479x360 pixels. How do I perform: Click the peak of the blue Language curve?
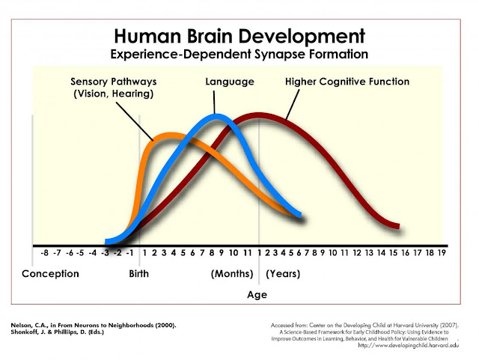pos(216,115)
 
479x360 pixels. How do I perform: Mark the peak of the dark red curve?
pos(259,115)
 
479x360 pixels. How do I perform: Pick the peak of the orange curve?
pos(170,135)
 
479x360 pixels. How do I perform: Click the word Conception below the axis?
pos(51,274)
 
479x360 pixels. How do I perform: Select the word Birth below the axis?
pos(139,274)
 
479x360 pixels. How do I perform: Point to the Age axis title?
pos(257,294)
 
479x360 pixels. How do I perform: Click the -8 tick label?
pos(45,253)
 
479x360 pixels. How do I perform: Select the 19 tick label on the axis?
pos(442,253)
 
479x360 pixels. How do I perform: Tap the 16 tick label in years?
pos(406,253)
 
